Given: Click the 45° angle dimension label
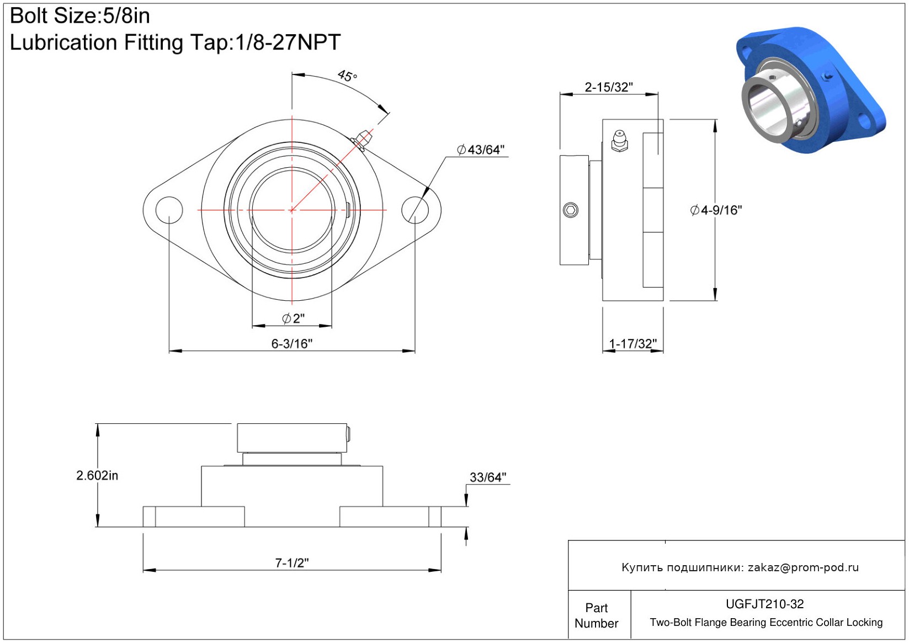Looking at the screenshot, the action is pyautogui.click(x=347, y=76).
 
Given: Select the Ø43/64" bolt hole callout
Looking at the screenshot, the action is pyautogui.click(x=481, y=150).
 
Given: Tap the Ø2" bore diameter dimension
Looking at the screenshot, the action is pyautogui.click(x=293, y=318).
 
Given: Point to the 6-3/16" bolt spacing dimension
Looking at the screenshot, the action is pyautogui.click(x=292, y=344).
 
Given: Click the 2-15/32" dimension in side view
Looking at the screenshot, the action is pyautogui.click(x=609, y=87).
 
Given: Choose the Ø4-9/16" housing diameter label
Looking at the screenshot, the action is pyautogui.click(x=716, y=210).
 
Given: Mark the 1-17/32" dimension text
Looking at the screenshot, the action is pyautogui.click(x=632, y=344).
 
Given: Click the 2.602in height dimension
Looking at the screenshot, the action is pyautogui.click(x=97, y=475).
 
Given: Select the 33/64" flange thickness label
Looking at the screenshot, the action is pyautogui.click(x=488, y=477).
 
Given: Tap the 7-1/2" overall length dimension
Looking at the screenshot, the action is pyautogui.click(x=292, y=563).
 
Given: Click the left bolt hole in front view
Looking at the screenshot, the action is pyautogui.click(x=169, y=210).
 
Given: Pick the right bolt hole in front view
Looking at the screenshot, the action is pyautogui.click(x=414, y=210).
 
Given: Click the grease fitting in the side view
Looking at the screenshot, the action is pyautogui.click(x=619, y=141).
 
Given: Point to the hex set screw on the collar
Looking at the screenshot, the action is pyautogui.click(x=571, y=210).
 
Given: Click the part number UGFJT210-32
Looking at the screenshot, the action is pyautogui.click(x=764, y=604).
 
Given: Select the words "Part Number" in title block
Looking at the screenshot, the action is pyautogui.click(x=596, y=615).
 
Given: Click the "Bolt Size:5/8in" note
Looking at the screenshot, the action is pyautogui.click(x=79, y=16).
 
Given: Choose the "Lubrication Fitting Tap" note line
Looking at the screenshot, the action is pyautogui.click(x=175, y=42).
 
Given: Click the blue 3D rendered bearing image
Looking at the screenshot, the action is pyautogui.click(x=811, y=90).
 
